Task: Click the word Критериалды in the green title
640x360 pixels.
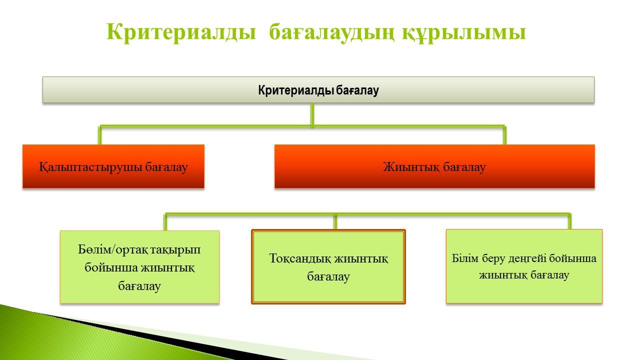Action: click(181, 32)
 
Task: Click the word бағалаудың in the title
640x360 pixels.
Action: click(331, 32)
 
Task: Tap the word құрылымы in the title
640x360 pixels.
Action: click(464, 32)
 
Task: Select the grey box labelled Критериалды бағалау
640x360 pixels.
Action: click(318, 89)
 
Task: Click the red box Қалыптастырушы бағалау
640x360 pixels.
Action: click(113, 166)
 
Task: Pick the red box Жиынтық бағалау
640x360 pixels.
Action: click(434, 166)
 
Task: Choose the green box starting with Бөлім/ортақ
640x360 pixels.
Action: click(139, 267)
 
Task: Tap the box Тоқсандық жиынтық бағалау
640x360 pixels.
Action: click(328, 266)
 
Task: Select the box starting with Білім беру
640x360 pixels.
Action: click(524, 266)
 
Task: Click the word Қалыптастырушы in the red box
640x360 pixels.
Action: click(90, 167)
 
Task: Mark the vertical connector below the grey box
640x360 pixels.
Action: click(312, 114)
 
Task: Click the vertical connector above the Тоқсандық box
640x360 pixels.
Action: click(335, 221)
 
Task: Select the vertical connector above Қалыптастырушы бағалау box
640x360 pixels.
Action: click(99, 135)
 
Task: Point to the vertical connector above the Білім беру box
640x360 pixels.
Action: click(569, 221)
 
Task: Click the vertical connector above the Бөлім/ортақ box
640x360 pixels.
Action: click(165, 222)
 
